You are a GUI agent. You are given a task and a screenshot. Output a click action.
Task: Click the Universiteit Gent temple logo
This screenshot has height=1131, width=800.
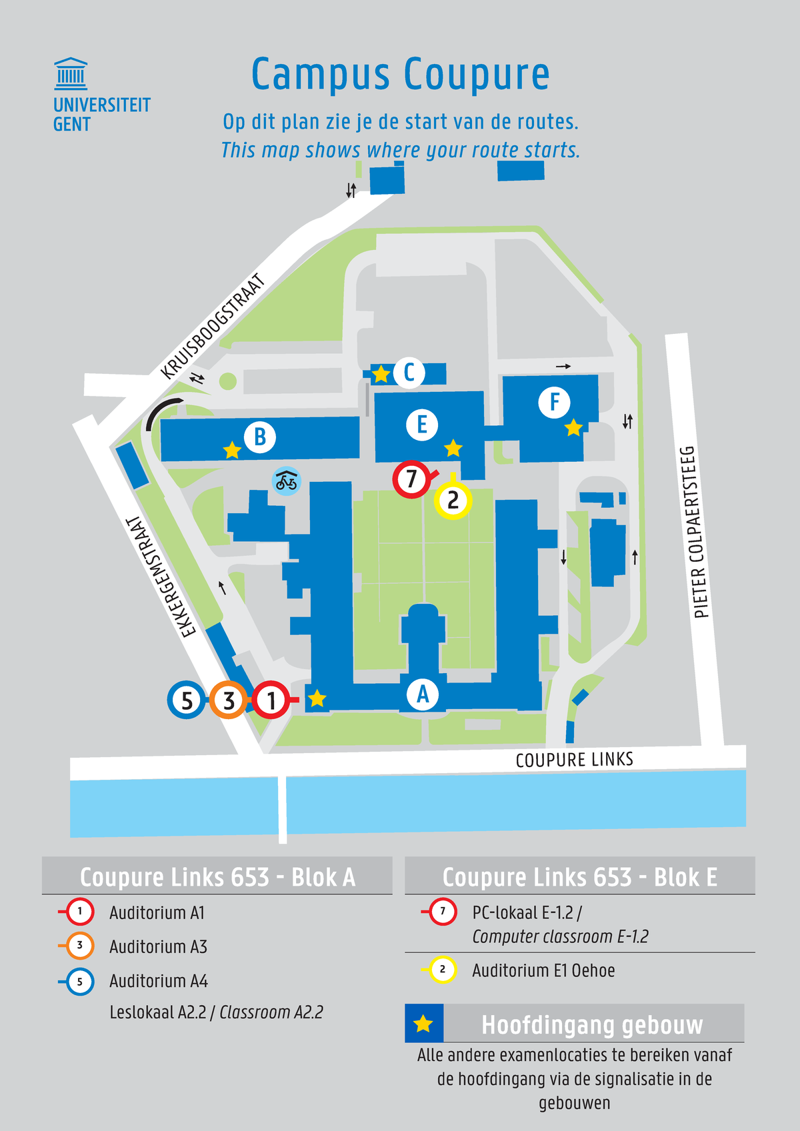[71, 74]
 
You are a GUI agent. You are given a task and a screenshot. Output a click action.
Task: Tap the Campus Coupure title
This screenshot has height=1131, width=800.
[401, 74]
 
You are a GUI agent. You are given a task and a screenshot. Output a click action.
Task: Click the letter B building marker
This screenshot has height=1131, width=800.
[260, 437]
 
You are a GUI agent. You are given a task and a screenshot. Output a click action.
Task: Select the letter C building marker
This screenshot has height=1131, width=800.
[409, 373]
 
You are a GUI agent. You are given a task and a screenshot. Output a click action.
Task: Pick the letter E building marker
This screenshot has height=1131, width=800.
[422, 425]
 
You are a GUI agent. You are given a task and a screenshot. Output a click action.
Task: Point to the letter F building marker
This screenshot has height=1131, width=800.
[555, 402]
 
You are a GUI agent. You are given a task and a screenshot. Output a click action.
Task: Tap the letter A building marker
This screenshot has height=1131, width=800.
[423, 694]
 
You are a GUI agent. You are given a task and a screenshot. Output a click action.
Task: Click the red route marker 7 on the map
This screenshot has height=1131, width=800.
[411, 479]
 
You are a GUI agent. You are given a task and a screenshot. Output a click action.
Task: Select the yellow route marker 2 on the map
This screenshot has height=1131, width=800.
[453, 500]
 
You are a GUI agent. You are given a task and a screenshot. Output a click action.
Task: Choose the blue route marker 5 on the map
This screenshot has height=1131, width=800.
[187, 700]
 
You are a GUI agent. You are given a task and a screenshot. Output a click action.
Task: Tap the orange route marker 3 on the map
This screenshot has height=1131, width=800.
[229, 700]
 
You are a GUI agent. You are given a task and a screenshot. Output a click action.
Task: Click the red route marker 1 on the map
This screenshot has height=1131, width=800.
[271, 700]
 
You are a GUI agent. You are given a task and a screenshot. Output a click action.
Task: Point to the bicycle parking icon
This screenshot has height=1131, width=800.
[286, 481]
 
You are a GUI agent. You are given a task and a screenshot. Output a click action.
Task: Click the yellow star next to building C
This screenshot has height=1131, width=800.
[381, 374]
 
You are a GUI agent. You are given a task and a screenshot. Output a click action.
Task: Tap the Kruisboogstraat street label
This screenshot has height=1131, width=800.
[213, 327]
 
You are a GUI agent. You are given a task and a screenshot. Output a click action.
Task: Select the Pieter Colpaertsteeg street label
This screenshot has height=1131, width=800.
[696, 532]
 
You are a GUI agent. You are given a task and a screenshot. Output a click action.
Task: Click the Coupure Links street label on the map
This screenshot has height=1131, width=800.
[575, 760]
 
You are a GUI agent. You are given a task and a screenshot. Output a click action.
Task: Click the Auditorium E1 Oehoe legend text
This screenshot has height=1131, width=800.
[543, 970]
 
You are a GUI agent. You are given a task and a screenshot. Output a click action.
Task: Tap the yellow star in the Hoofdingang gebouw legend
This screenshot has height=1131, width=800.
[423, 1024]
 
